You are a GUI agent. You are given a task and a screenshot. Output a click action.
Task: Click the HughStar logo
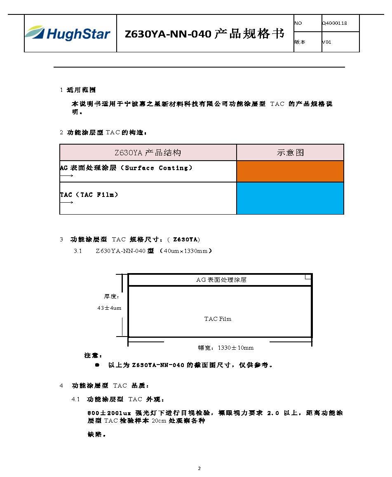[x=68, y=33]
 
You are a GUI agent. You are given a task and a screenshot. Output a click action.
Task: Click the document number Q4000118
[x=334, y=23]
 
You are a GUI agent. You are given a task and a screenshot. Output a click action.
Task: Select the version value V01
[x=326, y=42]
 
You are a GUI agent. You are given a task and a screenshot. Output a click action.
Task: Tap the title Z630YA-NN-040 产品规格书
[x=204, y=34]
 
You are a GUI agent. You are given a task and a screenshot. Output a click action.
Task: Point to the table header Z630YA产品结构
[x=148, y=153]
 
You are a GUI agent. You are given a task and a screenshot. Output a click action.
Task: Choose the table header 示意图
[x=290, y=153]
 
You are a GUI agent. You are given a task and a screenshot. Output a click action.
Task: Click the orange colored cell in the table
[x=290, y=171]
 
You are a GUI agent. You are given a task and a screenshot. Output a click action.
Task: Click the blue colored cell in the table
[x=290, y=198]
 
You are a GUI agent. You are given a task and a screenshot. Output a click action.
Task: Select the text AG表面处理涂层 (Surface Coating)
[x=126, y=168]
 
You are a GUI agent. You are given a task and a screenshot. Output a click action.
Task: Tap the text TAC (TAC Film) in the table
[x=89, y=194]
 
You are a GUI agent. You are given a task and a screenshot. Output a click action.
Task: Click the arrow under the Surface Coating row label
[x=66, y=176]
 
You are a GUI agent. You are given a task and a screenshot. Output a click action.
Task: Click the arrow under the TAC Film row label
[x=66, y=202]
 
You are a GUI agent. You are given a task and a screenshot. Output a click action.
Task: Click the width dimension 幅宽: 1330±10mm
[x=226, y=348]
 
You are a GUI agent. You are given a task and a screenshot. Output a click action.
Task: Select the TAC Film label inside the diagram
[x=218, y=319]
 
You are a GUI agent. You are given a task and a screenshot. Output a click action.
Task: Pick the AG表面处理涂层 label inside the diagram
[x=221, y=280]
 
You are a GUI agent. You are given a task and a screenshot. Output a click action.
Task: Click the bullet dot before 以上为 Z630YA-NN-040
[x=97, y=365]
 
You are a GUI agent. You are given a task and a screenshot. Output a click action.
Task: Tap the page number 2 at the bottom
[x=199, y=468]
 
